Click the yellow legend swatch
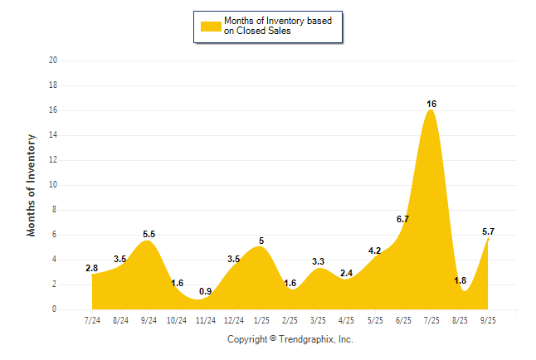(x=210, y=27)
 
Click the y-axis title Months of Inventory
(x=32, y=185)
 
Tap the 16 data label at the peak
(x=431, y=104)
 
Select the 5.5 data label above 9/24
(x=149, y=235)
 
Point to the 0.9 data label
(x=206, y=291)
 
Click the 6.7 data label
(x=403, y=219)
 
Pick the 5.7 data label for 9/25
(x=488, y=231)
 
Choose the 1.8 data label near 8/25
(x=460, y=281)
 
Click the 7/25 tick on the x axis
(x=431, y=319)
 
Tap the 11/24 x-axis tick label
(x=206, y=319)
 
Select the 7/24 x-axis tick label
(x=93, y=319)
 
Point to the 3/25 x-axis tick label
(x=319, y=319)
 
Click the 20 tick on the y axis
(x=53, y=61)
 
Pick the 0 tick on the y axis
(x=55, y=309)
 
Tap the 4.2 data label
(x=375, y=251)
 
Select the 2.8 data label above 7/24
(x=92, y=268)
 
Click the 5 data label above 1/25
(x=261, y=241)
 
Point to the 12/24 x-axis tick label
(x=234, y=319)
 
